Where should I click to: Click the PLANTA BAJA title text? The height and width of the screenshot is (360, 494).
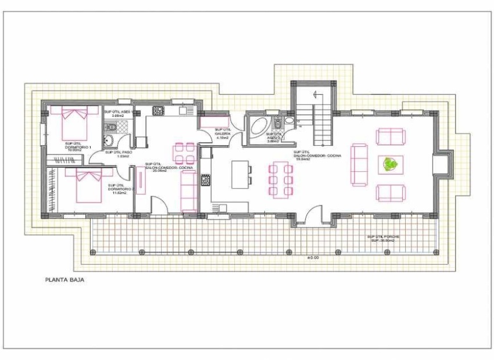[x=66, y=279]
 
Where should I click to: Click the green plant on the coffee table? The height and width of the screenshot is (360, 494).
[x=389, y=165]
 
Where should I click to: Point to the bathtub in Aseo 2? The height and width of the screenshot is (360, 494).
[x=256, y=127]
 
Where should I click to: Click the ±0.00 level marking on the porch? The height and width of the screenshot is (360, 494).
[x=313, y=256]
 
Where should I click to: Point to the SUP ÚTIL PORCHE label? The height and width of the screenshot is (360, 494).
[x=383, y=238]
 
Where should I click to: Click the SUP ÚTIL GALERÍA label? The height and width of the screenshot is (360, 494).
[x=223, y=132]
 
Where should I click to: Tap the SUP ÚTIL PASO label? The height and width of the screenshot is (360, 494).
[x=117, y=154]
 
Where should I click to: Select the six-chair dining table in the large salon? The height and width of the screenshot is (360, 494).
[x=280, y=179]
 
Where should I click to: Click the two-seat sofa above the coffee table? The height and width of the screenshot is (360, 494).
[x=389, y=137]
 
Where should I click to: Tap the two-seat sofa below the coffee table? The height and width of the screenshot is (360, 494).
[x=389, y=193]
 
